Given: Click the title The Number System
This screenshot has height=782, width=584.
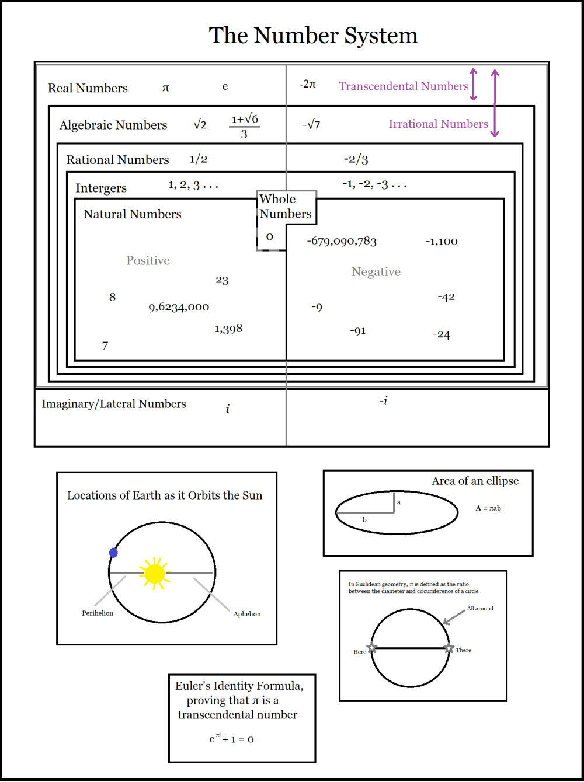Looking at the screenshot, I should tap(314, 36).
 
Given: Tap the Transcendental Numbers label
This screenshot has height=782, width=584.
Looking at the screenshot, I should tap(404, 86).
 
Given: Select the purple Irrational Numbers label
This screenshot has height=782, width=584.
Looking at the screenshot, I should tap(438, 124).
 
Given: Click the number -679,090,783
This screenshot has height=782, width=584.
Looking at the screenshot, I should tap(342, 241).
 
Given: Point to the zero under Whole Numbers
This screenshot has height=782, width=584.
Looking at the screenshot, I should tap(269, 236).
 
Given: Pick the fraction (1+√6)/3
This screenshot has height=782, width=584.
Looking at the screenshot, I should tap(244, 126).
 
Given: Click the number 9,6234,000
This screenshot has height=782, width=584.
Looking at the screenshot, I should tap(179, 307).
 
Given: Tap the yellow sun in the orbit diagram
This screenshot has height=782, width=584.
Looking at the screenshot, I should tap(155, 573).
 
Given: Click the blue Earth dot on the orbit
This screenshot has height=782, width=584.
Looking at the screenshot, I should tap(113, 553).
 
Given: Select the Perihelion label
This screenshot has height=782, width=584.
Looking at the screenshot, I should tap(98, 613).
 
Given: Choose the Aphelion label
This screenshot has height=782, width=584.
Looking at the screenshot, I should tap(246, 614).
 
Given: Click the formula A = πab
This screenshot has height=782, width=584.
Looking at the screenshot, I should tap(488, 508).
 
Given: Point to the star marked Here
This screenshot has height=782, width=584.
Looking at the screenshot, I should tap(372, 648).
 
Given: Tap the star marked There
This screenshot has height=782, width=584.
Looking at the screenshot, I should tap(449, 648).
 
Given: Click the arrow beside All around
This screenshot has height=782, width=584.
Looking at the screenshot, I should tap(454, 617).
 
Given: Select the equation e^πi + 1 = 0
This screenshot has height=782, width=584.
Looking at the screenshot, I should tap(231, 739).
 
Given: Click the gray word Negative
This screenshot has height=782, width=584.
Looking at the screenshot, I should tap(376, 272).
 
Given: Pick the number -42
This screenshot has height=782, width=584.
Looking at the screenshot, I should tap(446, 297).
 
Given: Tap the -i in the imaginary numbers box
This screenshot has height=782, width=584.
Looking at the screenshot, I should tap(383, 401).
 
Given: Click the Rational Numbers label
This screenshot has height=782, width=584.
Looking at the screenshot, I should tap(117, 160).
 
